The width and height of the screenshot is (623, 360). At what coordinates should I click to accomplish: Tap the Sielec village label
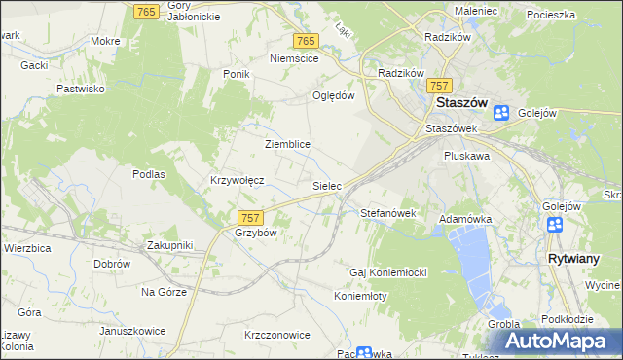pyautogui.click(x=325, y=184)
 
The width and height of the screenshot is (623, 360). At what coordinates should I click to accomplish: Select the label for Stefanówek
pyautogui.click(x=388, y=213)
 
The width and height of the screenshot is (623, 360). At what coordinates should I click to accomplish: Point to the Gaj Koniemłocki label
pyautogui.click(x=388, y=271)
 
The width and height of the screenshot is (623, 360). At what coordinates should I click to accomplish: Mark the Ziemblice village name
pyautogui.click(x=287, y=144)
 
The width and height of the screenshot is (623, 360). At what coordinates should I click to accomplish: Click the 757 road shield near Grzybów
pyautogui.click(x=249, y=217)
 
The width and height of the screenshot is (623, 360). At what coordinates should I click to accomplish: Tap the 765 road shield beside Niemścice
pyautogui.click(x=306, y=40)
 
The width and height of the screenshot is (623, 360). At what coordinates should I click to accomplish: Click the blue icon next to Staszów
pyautogui.click(x=501, y=113)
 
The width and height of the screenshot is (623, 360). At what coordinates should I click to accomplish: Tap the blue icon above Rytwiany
pyautogui.click(x=555, y=226)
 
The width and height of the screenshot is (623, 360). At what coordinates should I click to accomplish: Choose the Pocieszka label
pyautogui.click(x=551, y=15)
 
